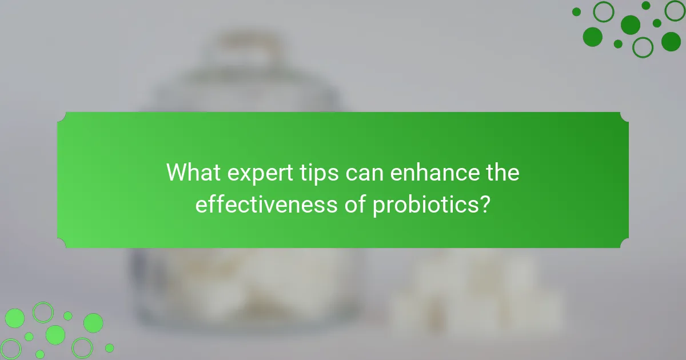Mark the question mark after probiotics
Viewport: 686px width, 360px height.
[485, 204]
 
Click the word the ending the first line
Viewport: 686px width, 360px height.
[501, 173]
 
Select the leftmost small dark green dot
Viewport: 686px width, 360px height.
[576, 12]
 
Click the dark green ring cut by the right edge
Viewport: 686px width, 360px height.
[676, 10]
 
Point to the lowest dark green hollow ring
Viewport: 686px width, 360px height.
[643, 47]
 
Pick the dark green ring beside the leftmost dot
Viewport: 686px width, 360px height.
[603, 11]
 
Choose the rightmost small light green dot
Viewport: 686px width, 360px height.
[109, 347]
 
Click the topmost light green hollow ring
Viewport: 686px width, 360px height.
[42, 312]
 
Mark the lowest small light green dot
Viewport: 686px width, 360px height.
[40, 354]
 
